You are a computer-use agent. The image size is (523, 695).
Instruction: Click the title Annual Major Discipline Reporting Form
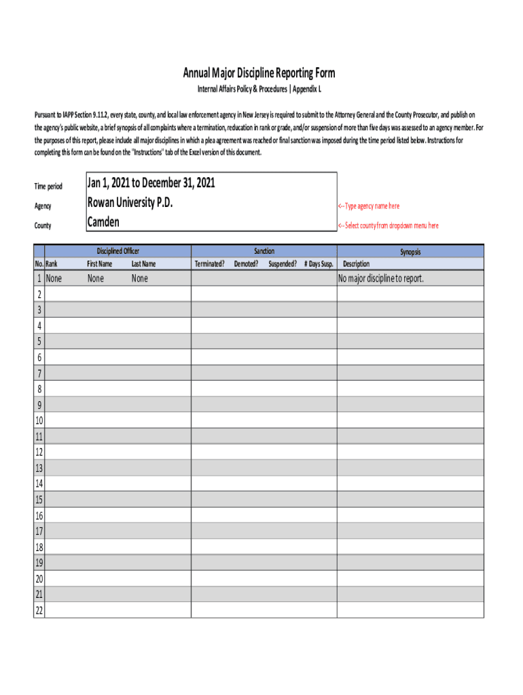pos(259,73)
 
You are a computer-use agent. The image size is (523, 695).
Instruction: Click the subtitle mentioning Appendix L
pos(259,90)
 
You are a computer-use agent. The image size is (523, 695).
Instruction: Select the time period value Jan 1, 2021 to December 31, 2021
pos(151,183)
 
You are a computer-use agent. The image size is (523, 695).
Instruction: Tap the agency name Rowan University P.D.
pos(130,202)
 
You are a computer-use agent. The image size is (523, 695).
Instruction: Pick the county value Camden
pos(103,221)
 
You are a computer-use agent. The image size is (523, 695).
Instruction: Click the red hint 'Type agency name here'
pos(369,206)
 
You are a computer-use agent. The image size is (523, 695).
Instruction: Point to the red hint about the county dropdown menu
pos(388,225)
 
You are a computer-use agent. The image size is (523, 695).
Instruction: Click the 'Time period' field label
pos(48,187)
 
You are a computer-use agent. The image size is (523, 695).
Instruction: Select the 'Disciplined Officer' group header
pos(118,251)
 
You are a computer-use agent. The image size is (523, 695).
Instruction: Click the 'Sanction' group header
pos(264,251)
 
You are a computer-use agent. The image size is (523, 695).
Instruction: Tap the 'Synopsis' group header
pos(410,252)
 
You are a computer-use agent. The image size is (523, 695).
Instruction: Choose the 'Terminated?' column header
pos(210,264)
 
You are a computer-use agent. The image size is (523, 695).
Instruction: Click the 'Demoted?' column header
pos(246,264)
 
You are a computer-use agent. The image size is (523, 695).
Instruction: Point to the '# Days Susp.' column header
pos(319,264)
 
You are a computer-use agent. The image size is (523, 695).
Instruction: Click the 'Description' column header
pos(357,264)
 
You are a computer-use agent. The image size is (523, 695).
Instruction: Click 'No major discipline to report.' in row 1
pos(380,278)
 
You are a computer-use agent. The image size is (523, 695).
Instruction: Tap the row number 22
pos(39,610)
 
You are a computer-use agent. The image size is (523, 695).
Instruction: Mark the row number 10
pos(39,421)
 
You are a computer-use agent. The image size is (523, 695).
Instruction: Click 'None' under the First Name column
pos(96,278)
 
